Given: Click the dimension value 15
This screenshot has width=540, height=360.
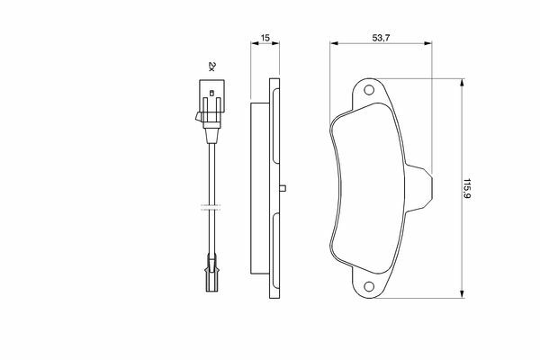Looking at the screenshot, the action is [x=265, y=38].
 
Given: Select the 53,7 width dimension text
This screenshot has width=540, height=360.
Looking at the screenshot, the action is [x=381, y=38].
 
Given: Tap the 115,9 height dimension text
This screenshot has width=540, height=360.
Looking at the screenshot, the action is [x=466, y=189].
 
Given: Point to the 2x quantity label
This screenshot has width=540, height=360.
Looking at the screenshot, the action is [x=211, y=66].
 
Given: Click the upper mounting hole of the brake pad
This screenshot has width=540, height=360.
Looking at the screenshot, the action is [x=369, y=90].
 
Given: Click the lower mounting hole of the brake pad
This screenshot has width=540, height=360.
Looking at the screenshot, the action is [x=369, y=286].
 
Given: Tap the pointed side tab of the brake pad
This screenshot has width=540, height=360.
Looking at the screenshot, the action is [x=419, y=188].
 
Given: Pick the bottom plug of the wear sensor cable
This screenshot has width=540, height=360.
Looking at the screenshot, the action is [x=211, y=274].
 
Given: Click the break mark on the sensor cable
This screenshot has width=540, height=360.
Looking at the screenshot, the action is [x=211, y=207].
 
